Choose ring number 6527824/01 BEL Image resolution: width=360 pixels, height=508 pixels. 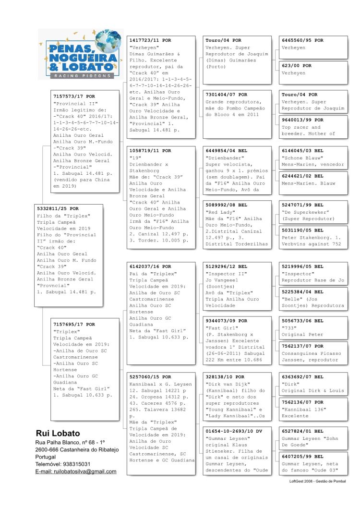tap(302, 432)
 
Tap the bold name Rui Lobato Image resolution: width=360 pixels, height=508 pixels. tap(58, 433)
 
